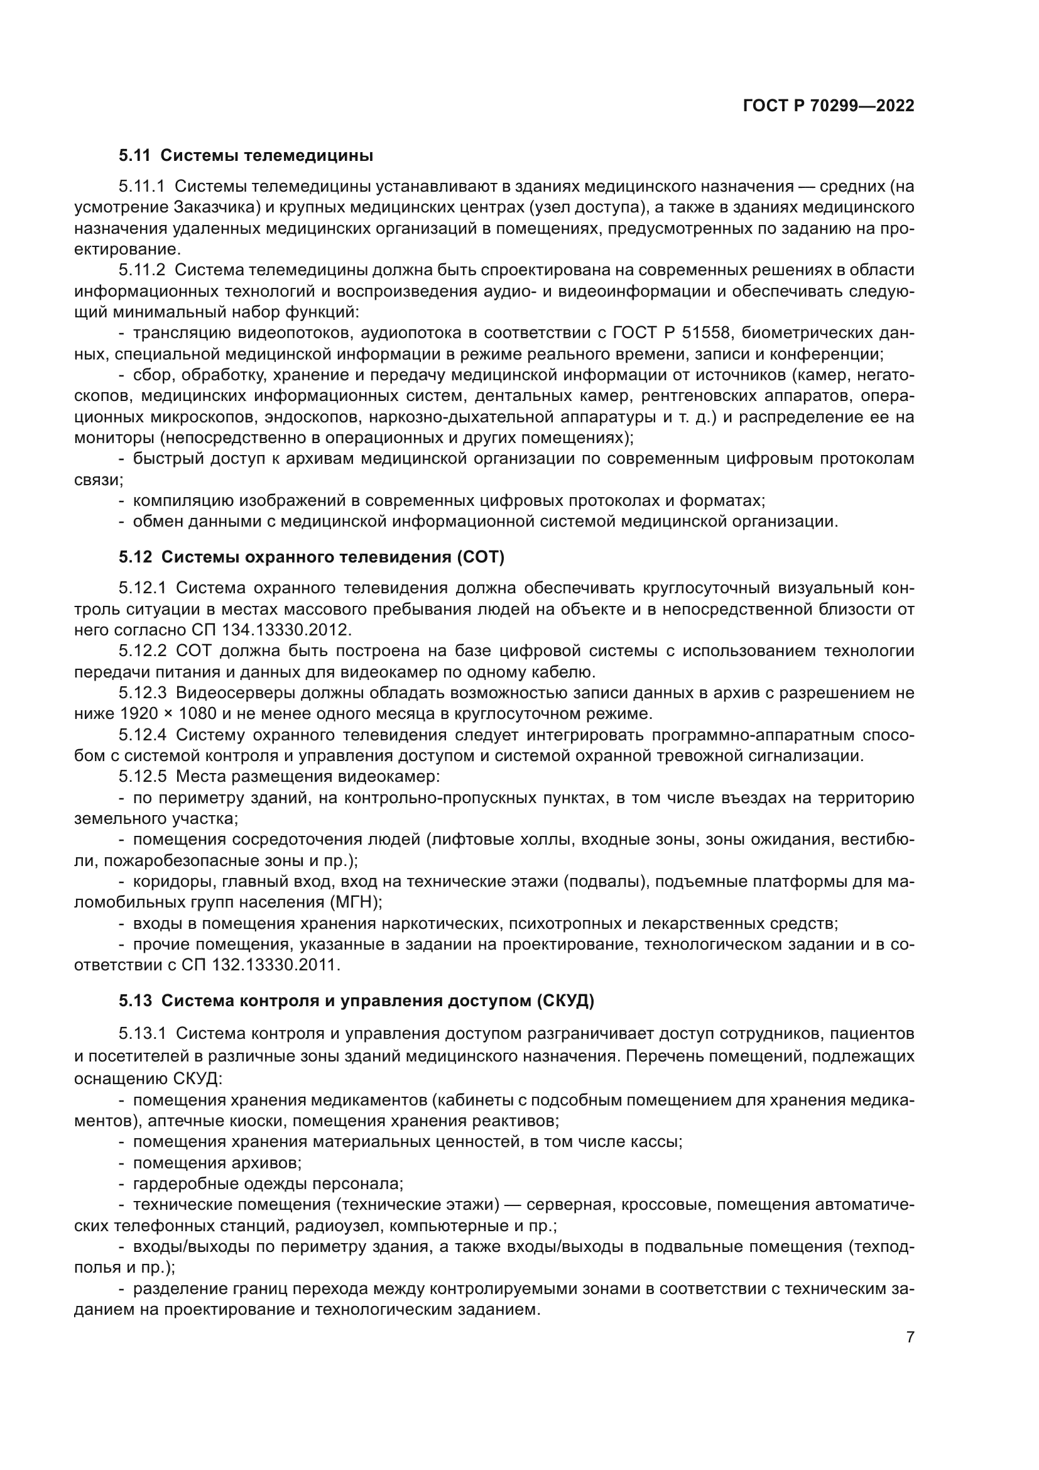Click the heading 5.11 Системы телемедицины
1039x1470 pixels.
pyautogui.click(x=246, y=156)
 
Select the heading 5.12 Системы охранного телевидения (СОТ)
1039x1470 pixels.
pyautogui.click(x=312, y=557)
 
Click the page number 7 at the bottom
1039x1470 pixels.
pyautogui.click(x=910, y=1337)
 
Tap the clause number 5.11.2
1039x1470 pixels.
pyautogui.click(x=141, y=270)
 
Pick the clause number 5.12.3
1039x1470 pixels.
pyautogui.click(x=142, y=693)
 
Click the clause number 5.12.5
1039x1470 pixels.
pyautogui.click(x=142, y=777)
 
